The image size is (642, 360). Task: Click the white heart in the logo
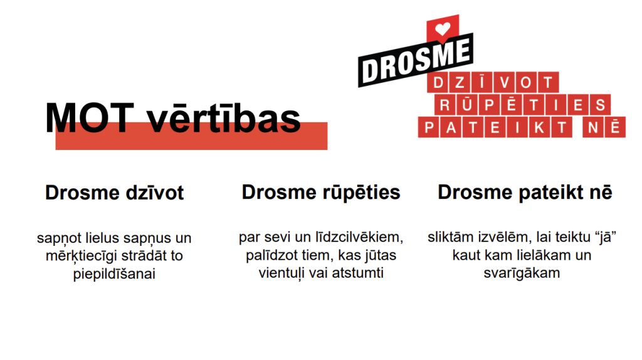(x=442, y=29)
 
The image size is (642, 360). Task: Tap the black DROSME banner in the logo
(x=416, y=60)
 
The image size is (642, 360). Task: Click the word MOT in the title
(x=90, y=118)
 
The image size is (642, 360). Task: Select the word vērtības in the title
(x=224, y=119)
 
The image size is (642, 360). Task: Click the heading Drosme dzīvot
(x=115, y=193)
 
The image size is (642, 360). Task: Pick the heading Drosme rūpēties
(x=321, y=193)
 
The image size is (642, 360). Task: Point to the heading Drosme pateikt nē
(x=525, y=192)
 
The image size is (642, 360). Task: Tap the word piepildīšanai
(x=114, y=274)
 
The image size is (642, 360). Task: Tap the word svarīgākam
(x=522, y=273)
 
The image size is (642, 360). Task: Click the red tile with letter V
(x=505, y=83)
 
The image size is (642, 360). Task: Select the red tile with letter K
(x=539, y=127)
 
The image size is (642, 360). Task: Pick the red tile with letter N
(x=593, y=127)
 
